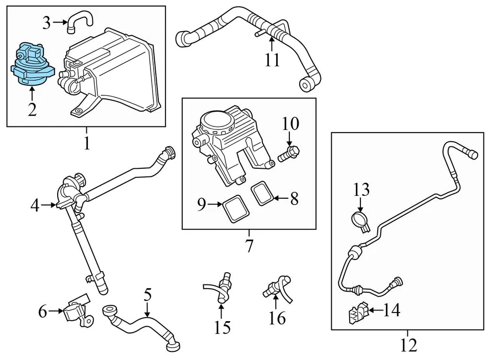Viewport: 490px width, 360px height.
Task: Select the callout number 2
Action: [x=32, y=109]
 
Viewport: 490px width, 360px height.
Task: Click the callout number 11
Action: [x=272, y=60]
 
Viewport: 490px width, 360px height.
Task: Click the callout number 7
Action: [x=249, y=245]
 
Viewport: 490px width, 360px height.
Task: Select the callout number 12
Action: [x=409, y=345]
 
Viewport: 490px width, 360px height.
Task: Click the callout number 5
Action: [x=148, y=295]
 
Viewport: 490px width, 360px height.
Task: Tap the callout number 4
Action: [x=34, y=205]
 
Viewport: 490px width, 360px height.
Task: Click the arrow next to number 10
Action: [x=289, y=139]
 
